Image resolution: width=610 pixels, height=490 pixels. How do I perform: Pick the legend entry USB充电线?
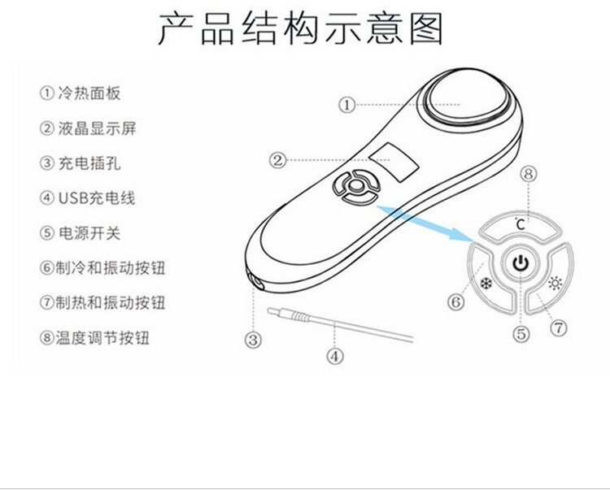(85, 198)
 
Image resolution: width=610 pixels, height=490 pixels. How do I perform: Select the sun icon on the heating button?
(556, 284)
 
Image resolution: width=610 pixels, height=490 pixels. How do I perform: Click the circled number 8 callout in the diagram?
(529, 173)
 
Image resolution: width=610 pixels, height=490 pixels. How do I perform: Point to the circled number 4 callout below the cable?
(335, 355)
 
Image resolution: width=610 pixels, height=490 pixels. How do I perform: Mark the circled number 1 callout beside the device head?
(347, 104)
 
